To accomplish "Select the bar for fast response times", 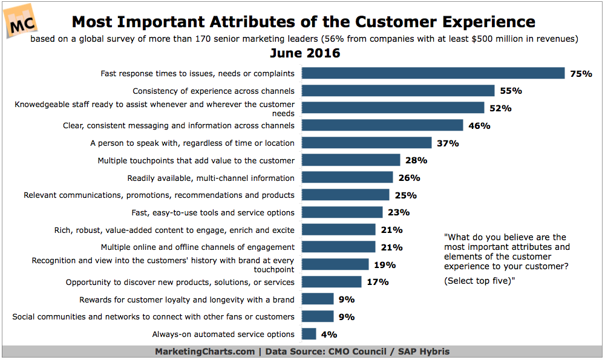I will pos(433,73).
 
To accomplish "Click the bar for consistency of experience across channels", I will pos(398,91).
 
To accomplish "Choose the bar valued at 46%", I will pos(382,126).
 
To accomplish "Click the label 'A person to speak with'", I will pos(192,143).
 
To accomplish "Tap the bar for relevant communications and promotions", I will pos(345,195).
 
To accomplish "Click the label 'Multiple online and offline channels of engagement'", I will pos(198,247).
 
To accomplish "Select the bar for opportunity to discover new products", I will pos(332,282).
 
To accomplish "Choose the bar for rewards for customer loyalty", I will pos(318,299).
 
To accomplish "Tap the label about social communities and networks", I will pos(153,316).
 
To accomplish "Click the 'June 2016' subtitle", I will pos(302,53).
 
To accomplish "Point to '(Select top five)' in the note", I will pos(479,280).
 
